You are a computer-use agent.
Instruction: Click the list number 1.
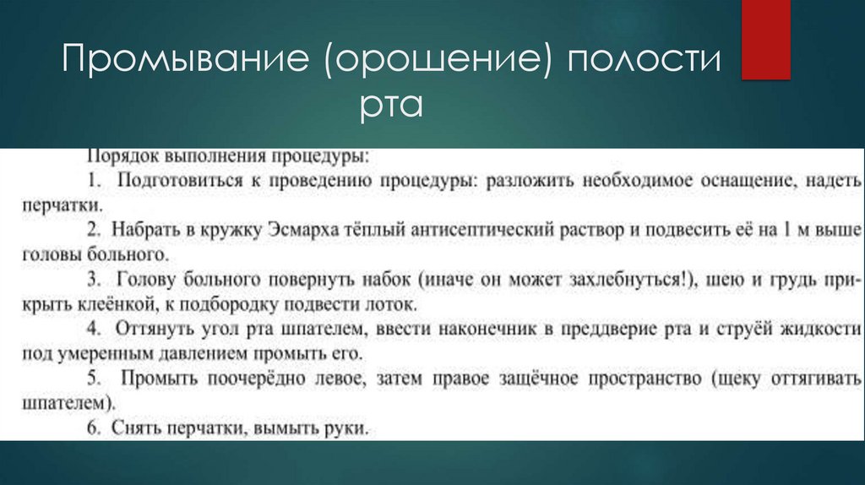coord(93,181)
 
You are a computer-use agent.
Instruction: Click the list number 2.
coord(93,230)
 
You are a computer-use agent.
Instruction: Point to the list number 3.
coord(93,279)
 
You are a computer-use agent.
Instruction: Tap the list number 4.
coord(93,329)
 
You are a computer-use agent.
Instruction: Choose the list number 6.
coord(93,429)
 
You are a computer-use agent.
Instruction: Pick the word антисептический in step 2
coord(451,230)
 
